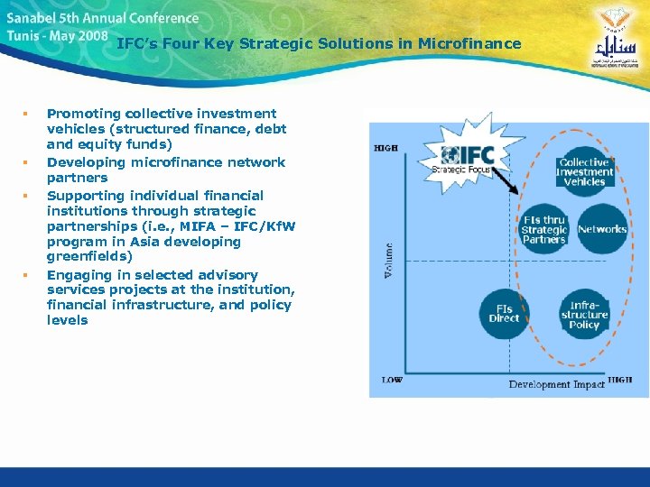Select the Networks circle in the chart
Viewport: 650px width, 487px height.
pyautogui.click(x=602, y=229)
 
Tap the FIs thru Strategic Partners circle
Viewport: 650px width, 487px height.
pyautogui.click(x=544, y=229)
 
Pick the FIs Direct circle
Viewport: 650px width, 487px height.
pyautogui.click(x=505, y=313)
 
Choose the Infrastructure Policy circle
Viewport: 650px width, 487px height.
pyautogui.click(x=585, y=315)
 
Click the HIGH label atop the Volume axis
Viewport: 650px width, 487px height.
pyautogui.click(x=385, y=148)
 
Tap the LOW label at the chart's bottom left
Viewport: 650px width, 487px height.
pyautogui.click(x=392, y=381)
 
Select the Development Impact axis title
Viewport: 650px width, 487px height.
pyautogui.click(x=552, y=385)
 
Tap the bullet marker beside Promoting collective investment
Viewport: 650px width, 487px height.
pyautogui.click(x=26, y=115)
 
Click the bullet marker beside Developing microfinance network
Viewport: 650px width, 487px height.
pyautogui.click(x=26, y=163)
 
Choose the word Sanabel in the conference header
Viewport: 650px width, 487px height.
pyautogui.click(x=32, y=18)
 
